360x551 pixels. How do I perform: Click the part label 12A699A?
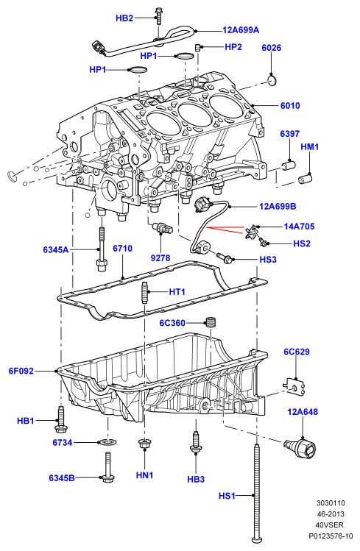[241, 30]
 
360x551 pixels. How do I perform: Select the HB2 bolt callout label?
[124, 18]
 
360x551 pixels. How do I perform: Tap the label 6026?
[272, 47]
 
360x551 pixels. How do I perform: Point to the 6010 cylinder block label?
[290, 105]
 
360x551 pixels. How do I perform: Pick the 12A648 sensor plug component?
[301, 448]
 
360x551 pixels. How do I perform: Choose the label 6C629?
[297, 352]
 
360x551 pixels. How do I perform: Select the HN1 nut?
[144, 444]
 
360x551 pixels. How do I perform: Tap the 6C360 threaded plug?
[211, 322]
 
